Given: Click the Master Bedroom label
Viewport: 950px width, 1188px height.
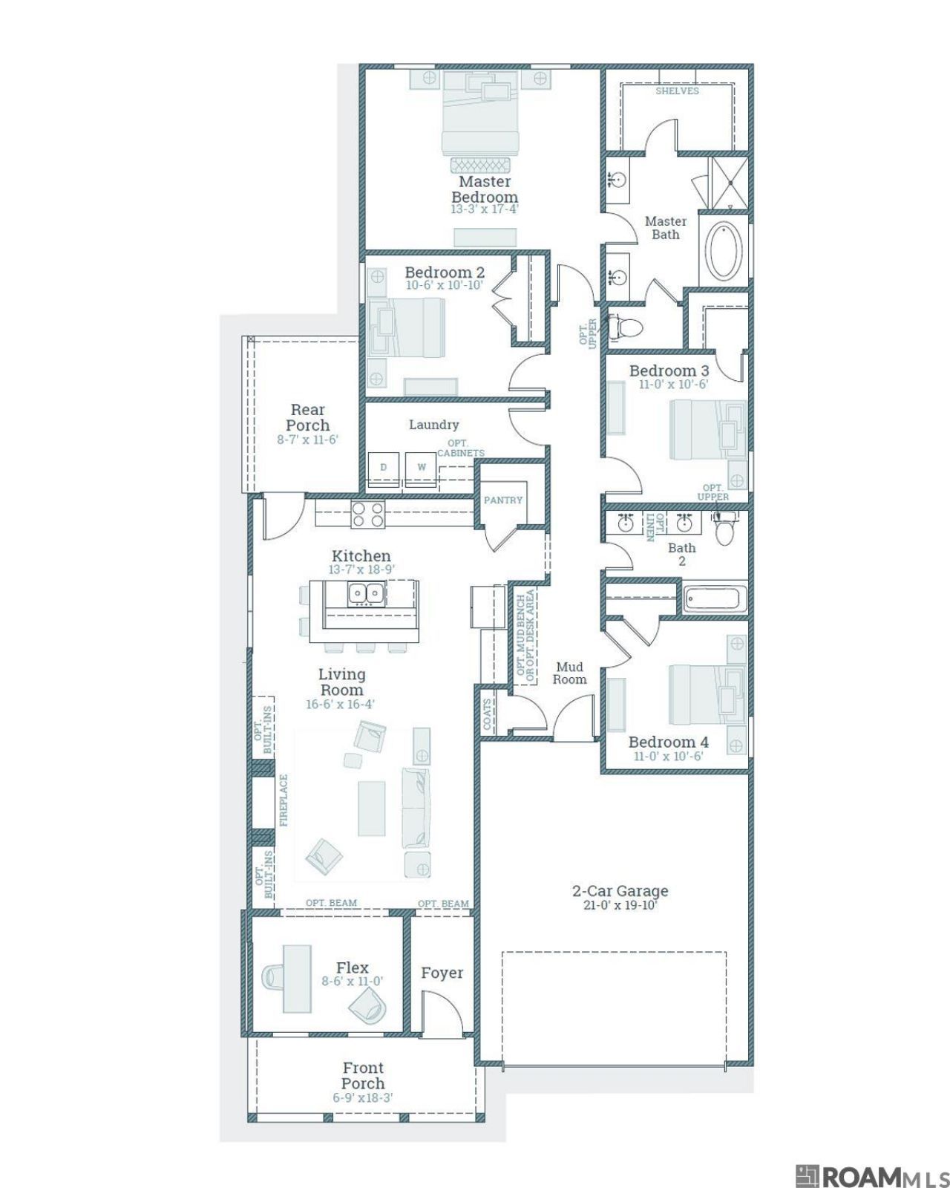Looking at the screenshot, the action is click(x=484, y=189).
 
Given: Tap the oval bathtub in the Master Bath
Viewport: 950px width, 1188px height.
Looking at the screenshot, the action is click(x=723, y=251).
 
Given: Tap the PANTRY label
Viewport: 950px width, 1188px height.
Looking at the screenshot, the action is click(x=503, y=500).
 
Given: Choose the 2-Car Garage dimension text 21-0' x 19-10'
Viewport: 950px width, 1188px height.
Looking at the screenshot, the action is click(x=620, y=905).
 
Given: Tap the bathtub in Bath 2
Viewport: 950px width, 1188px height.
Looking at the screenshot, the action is click(x=715, y=599).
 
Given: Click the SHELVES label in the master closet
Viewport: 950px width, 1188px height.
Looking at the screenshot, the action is click(x=677, y=91).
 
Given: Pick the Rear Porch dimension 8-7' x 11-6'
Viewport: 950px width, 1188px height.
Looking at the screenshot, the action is click(x=307, y=440).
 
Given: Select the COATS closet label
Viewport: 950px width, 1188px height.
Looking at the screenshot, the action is click(x=487, y=715).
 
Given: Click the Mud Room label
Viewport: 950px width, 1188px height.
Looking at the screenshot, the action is click(x=569, y=673).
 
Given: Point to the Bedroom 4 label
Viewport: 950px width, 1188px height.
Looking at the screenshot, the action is click(x=669, y=742).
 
